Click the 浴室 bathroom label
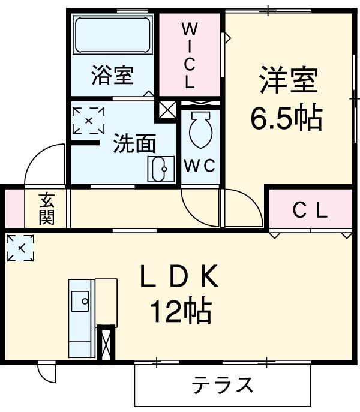(x=112, y=77)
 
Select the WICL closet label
(x=189, y=55)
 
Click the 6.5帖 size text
(x=286, y=119)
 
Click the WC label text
(x=200, y=166)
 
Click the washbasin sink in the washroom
(x=160, y=170)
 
